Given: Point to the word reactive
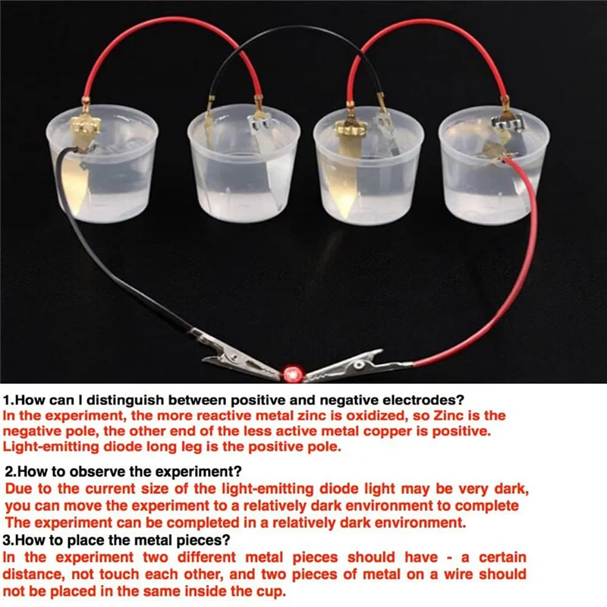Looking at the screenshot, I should click(211, 417).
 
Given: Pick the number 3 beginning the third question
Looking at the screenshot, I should click(7, 541).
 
